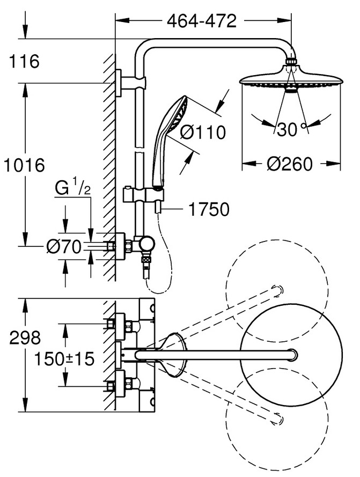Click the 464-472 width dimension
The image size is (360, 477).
[201, 21]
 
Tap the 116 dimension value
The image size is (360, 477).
[24, 62]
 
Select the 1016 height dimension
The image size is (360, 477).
[24, 165]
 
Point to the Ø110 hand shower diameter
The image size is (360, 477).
[202, 131]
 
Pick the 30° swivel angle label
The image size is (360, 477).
[290, 129]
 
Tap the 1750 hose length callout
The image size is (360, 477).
[208, 209]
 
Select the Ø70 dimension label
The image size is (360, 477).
[63, 247]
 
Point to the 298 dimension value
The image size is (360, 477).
[25, 338]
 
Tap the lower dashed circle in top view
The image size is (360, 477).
[276, 413]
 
